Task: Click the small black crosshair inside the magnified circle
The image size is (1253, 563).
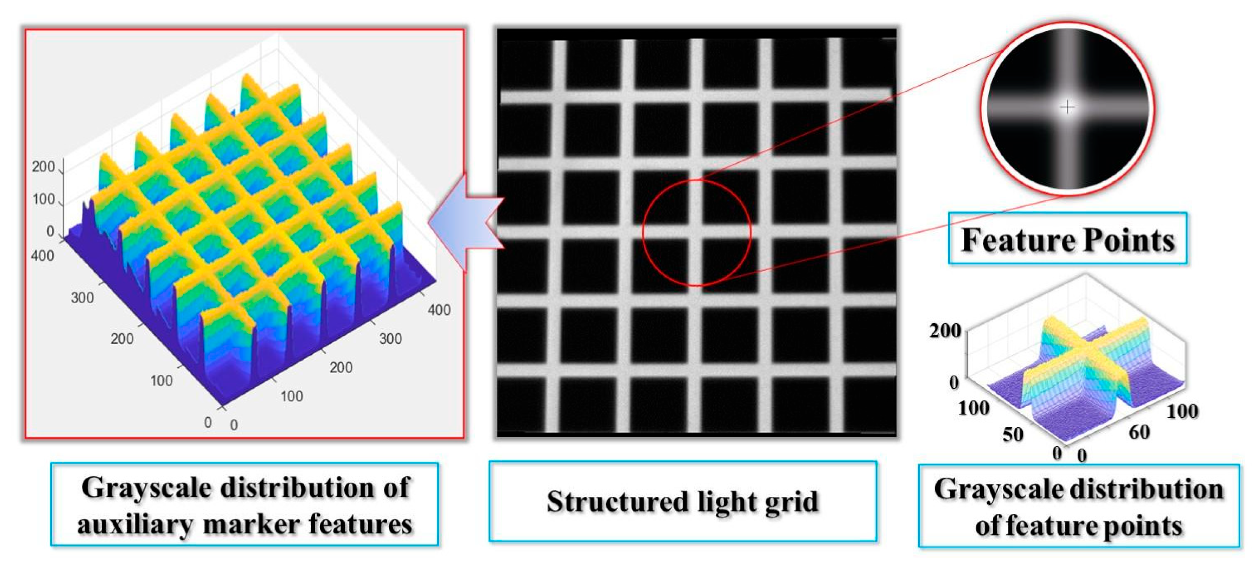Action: coord(1067,107)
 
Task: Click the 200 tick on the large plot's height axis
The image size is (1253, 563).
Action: coord(43,167)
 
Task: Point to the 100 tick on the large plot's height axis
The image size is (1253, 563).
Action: coord(43,199)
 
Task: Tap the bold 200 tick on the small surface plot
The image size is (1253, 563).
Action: coord(944,331)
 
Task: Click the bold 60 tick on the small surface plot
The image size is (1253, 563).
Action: coord(1139,432)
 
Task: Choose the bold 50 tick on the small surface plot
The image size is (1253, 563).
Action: coord(1013,434)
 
